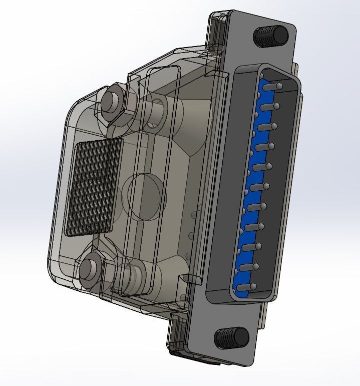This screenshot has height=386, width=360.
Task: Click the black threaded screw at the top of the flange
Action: (271, 35)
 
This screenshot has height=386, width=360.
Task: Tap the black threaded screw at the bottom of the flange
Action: (231, 338)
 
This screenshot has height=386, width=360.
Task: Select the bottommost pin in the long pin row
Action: (245, 287)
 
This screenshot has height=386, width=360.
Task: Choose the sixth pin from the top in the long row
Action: (259, 187)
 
